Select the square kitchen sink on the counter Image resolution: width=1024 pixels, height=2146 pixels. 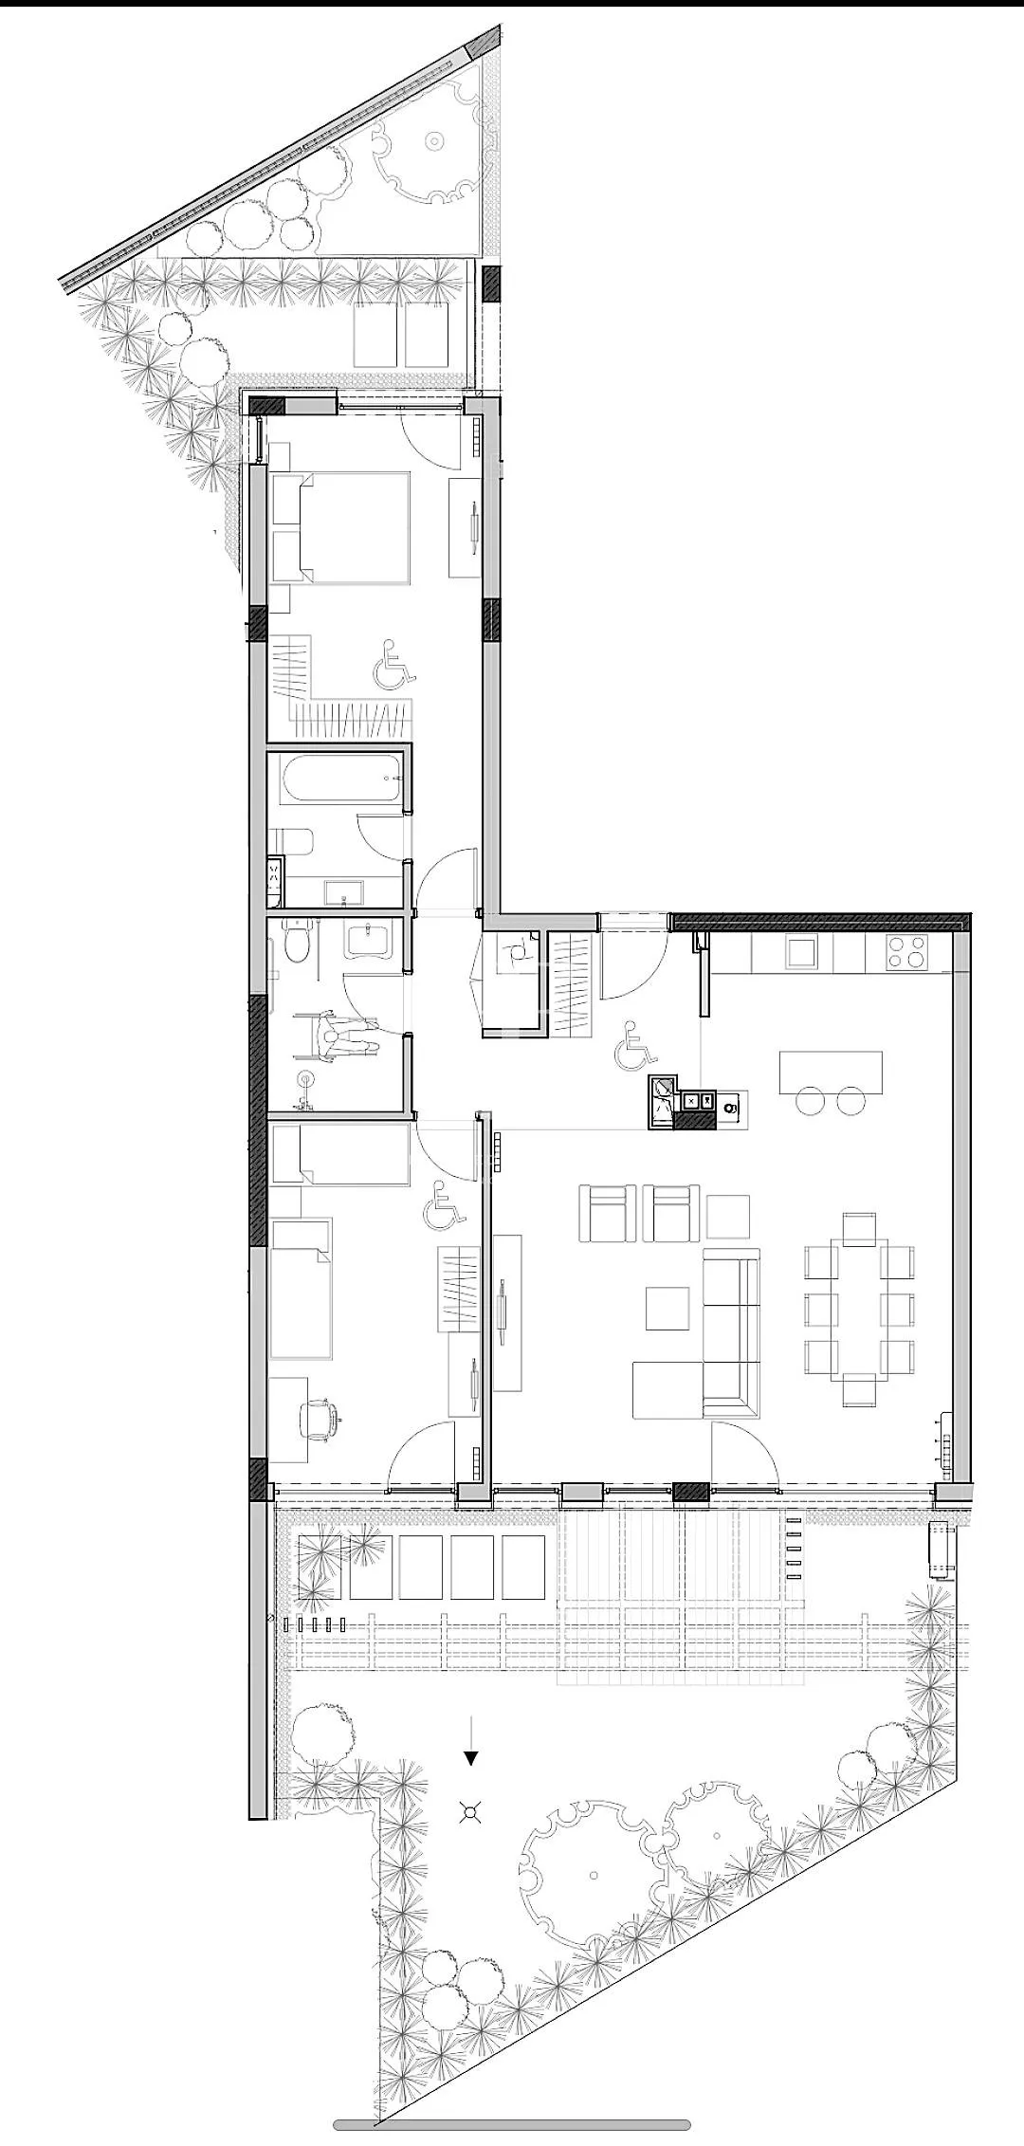point(801,952)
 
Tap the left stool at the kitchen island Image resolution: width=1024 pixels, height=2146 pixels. point(812,1101)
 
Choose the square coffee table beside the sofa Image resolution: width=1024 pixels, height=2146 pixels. point(668,1308)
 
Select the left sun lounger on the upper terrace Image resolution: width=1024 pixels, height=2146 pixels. point(376,335)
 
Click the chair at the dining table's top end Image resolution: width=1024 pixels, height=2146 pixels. point(859,1229)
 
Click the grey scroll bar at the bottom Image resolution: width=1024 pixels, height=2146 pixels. point(512,2125)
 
